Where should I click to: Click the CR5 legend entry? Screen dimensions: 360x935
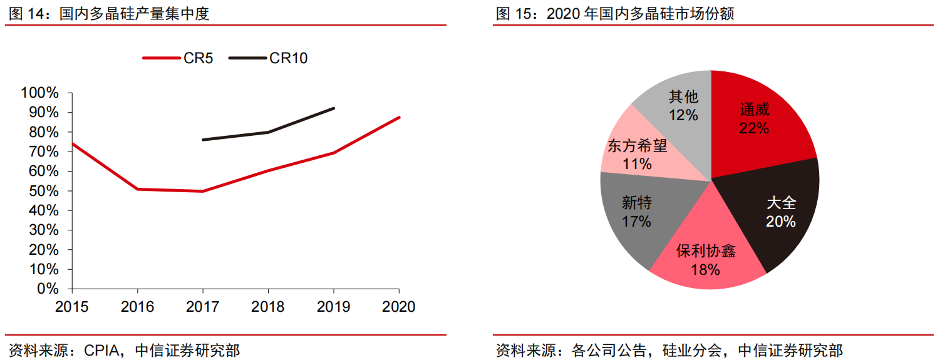point(178,58)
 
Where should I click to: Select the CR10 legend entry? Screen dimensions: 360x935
point(268,58)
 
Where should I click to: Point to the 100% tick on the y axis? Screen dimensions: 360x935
point(40,93)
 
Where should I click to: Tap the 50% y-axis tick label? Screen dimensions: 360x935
point(43,191)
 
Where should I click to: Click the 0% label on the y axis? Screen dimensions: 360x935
point(47,289)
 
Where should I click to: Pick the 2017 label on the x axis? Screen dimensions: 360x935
point(202,307)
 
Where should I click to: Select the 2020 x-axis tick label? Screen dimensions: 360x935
point(399,307)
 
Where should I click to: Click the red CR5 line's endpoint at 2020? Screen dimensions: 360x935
point(399,117)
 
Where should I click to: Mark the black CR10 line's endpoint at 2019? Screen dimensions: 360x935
point(334,108)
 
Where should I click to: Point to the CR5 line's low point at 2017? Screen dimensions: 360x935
point(202,191)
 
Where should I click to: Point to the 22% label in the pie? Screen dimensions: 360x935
point(754,128)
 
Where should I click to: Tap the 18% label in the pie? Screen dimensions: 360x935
point(705,270)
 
